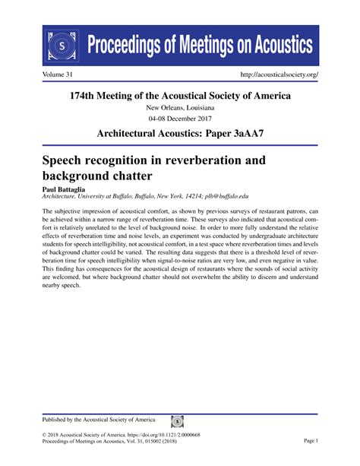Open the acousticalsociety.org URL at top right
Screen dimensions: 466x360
pos(279,75)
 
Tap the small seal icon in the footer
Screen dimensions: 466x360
pos(177,420)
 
